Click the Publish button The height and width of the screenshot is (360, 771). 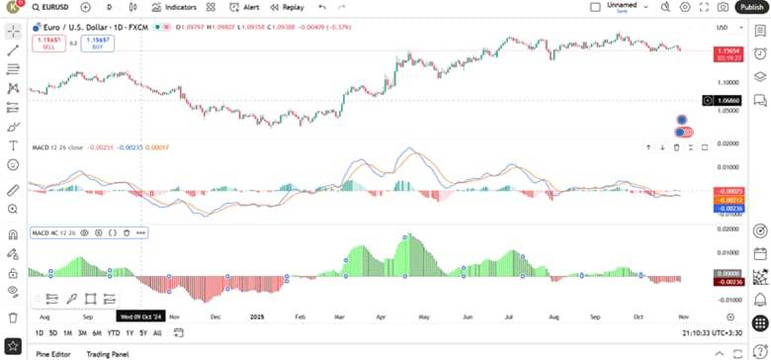point(750,7)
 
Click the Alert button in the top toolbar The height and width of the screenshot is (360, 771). point(246,7)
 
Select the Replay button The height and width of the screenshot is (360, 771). point(288,7)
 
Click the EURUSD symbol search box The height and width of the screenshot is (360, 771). point(49,7)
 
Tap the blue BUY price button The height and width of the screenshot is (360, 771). point(97,43)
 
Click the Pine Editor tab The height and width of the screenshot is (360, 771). point(53,353)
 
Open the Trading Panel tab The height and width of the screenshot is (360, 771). point(107,353)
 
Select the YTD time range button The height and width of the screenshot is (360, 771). point(114,333)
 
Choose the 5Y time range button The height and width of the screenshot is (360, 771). point(142,333)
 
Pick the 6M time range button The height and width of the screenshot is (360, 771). point(97,333)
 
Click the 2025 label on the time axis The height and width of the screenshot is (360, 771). point(256,316)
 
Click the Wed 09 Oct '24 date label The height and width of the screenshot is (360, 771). point(139,316)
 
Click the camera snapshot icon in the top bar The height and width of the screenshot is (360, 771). point(725,7)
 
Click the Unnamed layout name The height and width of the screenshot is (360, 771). point(622,6)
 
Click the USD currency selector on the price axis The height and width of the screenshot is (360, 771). point(723,28)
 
